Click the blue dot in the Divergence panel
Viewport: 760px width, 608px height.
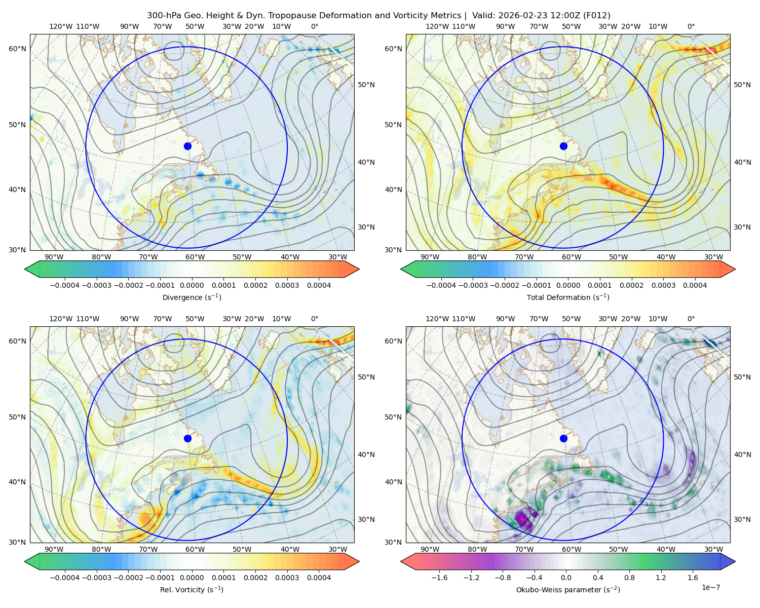[x=187, y=146]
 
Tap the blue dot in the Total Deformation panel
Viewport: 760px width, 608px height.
[x=563, y=146]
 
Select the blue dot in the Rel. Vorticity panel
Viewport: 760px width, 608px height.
[x=187, y=438]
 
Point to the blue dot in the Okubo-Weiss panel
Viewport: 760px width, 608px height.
[x=563, y=438]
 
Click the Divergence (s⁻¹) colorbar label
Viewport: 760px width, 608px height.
[x=192, y=297]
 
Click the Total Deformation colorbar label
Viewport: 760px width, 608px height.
[x=568, y=297]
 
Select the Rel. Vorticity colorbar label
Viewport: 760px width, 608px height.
[x=192, y=590]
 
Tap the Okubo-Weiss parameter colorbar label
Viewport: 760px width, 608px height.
[x=568, y=590]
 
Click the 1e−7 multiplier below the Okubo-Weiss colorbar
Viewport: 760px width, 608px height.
[x=710, y=588]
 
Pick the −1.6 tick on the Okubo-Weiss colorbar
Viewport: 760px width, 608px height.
[x=439, y=578]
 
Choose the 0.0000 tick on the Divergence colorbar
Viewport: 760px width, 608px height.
[x=192, y=285]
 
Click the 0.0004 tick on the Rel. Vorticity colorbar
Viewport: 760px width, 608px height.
[x=319, y=578]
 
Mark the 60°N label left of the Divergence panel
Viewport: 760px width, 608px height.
[x=17, y=49]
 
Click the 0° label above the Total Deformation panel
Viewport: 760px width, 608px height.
[x=691, y=26]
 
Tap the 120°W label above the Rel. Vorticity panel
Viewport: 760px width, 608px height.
[x=61, y=319]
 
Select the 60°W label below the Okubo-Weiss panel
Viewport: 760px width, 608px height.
[x=572, y=549]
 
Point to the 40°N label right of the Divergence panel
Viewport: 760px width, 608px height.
[x=366, y=163]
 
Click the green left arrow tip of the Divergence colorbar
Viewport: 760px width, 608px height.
[x=25, y=269]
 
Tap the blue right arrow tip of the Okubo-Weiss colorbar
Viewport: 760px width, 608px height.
[x=735, y=561]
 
